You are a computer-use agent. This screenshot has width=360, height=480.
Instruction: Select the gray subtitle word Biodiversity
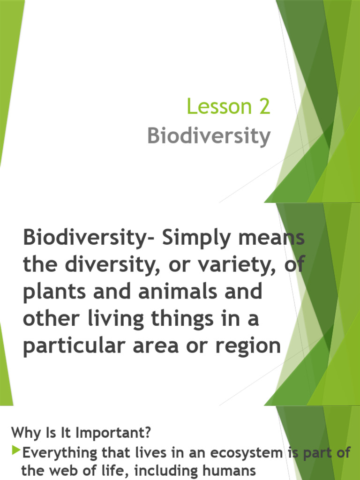pyautogui.click(x=209, y=136)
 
